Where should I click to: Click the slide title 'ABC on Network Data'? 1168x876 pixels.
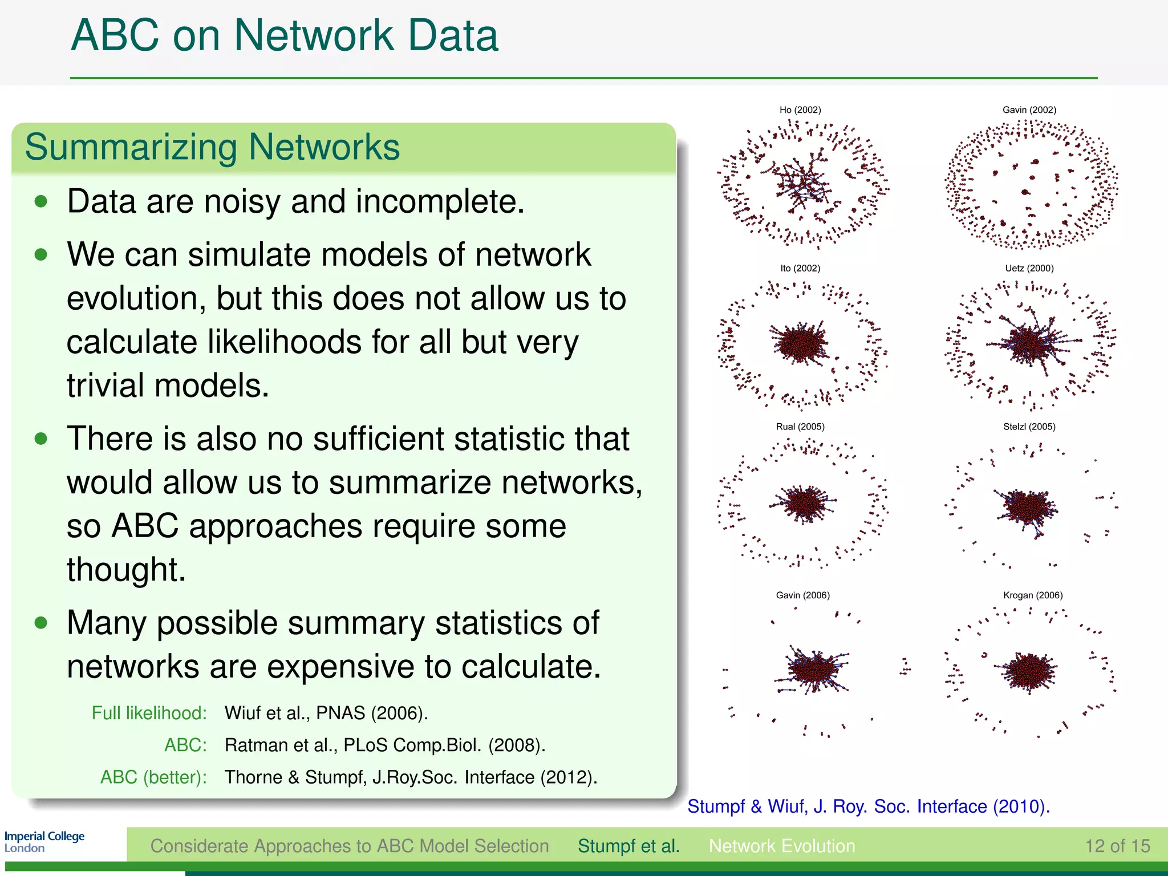click(x=284, y=35)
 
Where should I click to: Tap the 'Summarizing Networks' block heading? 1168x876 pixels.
click(x=212, y=147)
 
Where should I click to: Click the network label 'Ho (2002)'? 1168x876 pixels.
click(x=800, y=110)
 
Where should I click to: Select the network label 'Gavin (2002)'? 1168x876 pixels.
click(x=1029, y=110)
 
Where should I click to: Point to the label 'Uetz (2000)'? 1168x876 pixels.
click(x=1029, y=268)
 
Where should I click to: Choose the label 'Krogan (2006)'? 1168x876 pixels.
click(x=1032, y=595)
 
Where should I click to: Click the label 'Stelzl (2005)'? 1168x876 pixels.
click(x=1029, y=427)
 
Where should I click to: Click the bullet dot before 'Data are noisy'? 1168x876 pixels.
click(x=40, y=201)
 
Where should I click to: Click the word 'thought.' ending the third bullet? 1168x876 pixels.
click(x=126, y=569)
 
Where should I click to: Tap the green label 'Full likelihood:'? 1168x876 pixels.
click(x=149, y=713)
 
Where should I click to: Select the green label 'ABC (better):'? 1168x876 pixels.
click(x=153, y=777)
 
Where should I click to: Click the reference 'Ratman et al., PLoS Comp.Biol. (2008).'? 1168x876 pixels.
click(x=385, y=745)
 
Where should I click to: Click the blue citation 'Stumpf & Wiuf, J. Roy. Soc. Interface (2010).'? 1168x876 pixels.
click(x=868, y=806)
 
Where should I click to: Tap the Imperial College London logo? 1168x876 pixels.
click(x=44, y=842)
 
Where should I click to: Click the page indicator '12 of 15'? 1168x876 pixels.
click(x=1117, y=846)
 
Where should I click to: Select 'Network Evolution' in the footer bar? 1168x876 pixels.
click(x=781, y=846)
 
